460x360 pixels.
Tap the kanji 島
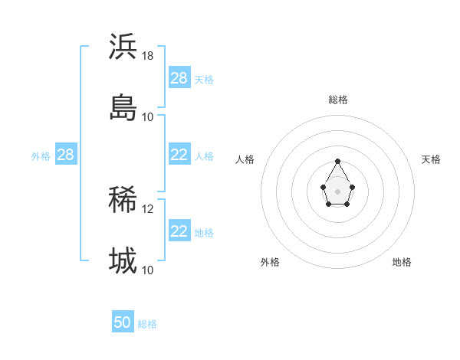[123, 107]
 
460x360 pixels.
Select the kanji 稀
[123, 200]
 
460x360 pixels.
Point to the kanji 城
[123, 261]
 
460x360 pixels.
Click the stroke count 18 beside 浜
[148, 56]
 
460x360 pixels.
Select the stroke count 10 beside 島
[148, 117]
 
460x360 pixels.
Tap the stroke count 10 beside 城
[148, 270]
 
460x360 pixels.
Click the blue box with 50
[122, 323]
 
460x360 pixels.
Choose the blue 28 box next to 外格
[65, 155]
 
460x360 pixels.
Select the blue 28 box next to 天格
[179, 78]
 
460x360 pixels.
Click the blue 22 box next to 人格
[179, 155]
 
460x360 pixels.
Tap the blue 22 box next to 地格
[179, 231]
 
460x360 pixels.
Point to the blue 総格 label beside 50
[147, 324]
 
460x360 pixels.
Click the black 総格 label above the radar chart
[337, 100]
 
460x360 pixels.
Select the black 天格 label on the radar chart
[431, 159]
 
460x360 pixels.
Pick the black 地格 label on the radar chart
[402, 262]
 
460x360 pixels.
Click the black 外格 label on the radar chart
[270, 262]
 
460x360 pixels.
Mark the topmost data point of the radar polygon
[337, 161]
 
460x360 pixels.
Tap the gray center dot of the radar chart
[337, 190]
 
